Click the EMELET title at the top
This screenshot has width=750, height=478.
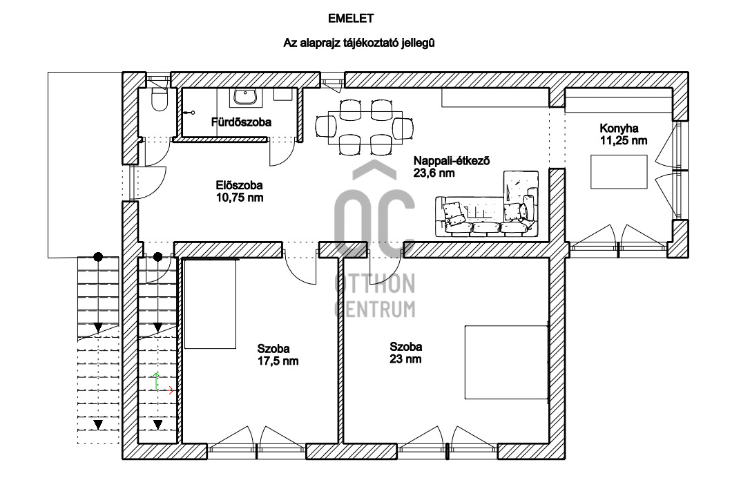tap(351, 19)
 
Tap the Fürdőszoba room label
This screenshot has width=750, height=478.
tap(241, 122)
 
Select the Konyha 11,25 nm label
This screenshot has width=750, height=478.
tap(623, 135)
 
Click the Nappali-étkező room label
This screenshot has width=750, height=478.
tap(452, 166)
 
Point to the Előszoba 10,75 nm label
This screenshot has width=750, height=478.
tap(239, 191)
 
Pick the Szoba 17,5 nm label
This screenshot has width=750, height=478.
tap(278, 354)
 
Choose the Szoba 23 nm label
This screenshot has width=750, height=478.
tap(405, 353)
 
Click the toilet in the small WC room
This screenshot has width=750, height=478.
tap(158, 99)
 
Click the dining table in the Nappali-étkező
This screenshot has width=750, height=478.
tap(365, 128)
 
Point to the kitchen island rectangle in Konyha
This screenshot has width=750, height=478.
tap(619, 172)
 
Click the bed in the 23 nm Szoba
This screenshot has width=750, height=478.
tap(506, 362)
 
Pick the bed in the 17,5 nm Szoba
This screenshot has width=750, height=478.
tap(211, 304)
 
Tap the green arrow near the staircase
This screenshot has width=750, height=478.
tap(156, 381)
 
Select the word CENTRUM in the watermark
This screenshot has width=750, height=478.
tap(374, 309)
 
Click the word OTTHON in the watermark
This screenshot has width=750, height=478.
tap(374, 284)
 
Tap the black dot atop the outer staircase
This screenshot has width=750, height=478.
tap(98, 257)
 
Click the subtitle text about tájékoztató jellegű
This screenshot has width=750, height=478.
tap(358, 43)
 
